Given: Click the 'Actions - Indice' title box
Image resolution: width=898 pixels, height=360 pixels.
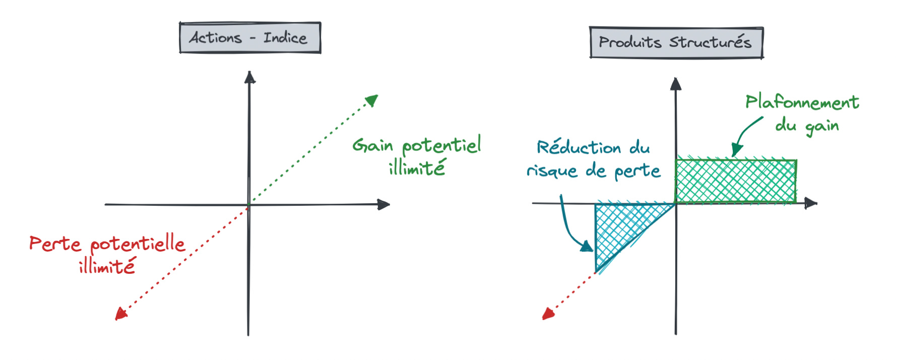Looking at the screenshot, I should pos(250,38).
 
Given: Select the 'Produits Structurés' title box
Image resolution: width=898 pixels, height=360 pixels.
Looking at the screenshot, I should pos(676,43).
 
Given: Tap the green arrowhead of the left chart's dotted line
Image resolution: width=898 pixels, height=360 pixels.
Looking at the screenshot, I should pos(372,100).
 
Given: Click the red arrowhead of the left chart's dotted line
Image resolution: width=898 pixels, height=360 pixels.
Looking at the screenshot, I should pos(120,314).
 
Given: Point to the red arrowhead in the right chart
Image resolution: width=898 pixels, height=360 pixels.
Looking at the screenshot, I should pos(548,314).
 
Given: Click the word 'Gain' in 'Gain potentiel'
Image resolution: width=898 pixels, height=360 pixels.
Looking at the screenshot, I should pos(372,145).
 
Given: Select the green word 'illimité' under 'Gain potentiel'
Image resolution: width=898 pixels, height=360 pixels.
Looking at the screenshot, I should pos(417,168).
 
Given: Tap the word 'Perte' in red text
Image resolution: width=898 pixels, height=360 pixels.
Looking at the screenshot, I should pos(55,244).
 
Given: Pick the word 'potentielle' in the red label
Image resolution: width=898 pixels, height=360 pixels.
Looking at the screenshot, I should pos(138,245).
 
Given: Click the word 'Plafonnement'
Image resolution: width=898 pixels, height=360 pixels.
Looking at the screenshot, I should pos(802,102).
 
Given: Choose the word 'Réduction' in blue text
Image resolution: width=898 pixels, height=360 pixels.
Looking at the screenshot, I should pos(579,148).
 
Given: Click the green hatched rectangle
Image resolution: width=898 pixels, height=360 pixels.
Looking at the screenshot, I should pos(736,182).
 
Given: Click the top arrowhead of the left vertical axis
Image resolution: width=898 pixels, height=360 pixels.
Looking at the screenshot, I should pos(249,77).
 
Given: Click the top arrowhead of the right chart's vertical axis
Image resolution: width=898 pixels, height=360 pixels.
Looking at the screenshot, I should pos(676,84).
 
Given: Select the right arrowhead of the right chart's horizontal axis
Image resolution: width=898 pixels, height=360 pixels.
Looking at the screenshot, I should pos(811,203).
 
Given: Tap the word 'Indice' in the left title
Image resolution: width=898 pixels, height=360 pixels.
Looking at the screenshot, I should pos(285,38).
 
